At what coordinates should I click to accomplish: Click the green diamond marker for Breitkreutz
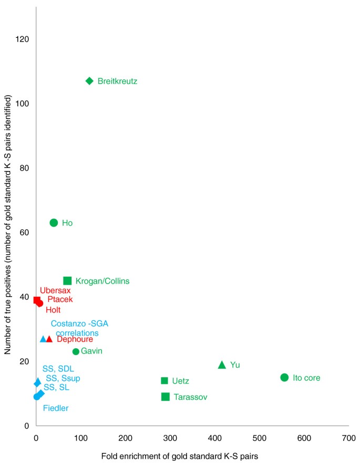89,81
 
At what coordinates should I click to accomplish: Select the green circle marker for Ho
54,223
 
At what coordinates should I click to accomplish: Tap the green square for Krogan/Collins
67,281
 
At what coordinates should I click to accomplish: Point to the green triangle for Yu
222,365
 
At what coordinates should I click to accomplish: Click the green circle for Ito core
284,377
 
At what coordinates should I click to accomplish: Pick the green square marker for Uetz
164,381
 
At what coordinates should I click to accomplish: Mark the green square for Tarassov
166,397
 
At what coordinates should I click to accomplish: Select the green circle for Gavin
76,351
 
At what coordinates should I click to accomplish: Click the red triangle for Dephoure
49,339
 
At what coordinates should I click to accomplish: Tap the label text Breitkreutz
118,82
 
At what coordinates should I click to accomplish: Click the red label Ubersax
55,290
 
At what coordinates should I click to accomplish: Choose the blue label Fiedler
56,408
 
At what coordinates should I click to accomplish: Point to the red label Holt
53,310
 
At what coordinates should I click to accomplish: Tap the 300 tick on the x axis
170,437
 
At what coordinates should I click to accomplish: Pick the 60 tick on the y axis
24,232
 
